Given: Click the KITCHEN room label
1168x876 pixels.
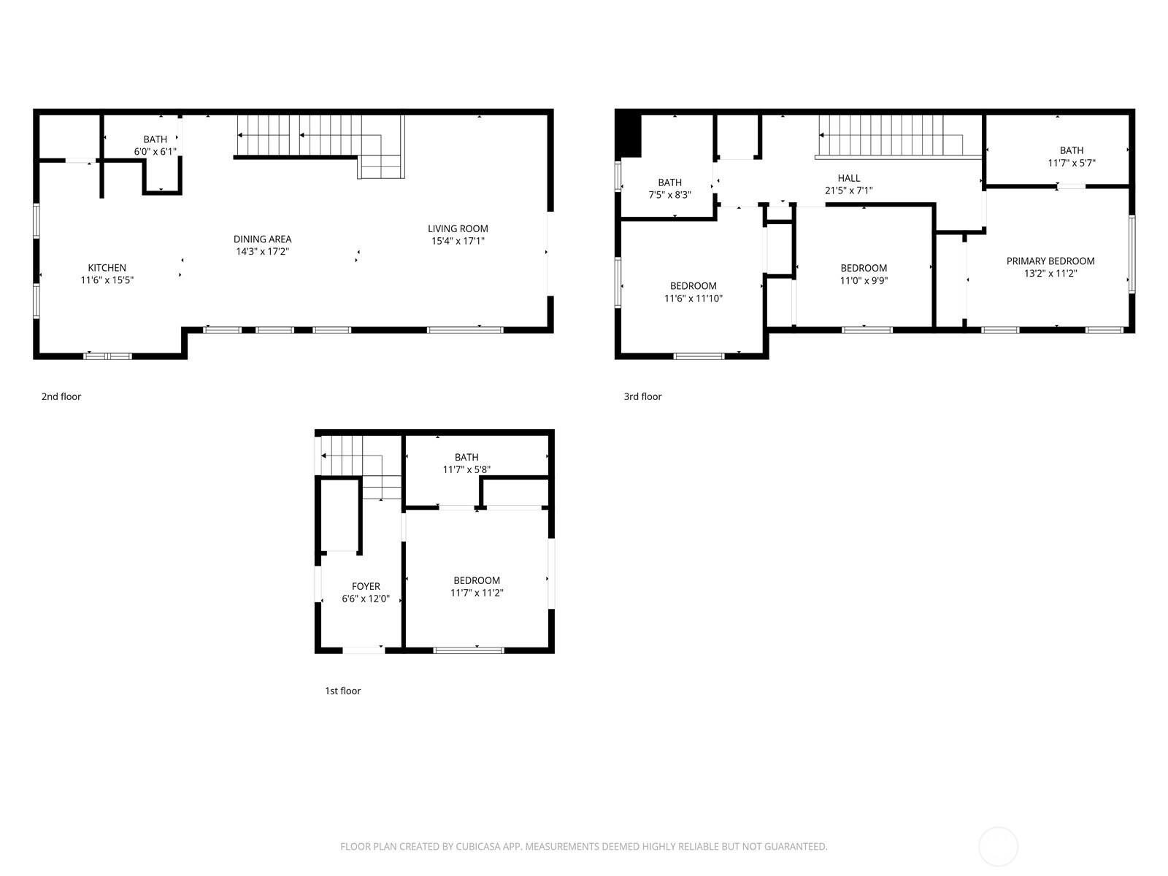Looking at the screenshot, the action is pyautogui.click(x=107, y=267).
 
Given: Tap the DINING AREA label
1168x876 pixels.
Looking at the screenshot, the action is pyautogui.click(x=262, y=239).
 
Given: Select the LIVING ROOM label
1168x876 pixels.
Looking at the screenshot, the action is pyautogui.click(x=458, y=228).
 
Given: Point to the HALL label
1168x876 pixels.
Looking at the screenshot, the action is pyautogui.click(x=849, y=177).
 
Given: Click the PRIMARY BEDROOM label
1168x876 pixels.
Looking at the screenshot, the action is pyautogui.click(x=1050, y=261).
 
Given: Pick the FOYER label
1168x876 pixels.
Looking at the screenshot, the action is pyautogui.click(x=366, y=586).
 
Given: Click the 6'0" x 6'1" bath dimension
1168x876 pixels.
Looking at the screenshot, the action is pyautogui.click(x=155, y=152).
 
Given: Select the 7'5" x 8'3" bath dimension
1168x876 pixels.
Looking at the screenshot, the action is pyautogui.click(x=669, y=195).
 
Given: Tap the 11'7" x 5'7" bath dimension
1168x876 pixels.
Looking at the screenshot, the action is pyautogui.click(x=1071, y=163).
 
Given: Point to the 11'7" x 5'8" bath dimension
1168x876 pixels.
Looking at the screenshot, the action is pyautogui.click(x=466, y=469).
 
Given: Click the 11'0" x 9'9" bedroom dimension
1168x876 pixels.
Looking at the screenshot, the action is pyautogui.click(x=864, y=280).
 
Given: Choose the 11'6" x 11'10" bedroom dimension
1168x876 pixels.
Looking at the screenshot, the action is pyautogui.click(x=693, y=299).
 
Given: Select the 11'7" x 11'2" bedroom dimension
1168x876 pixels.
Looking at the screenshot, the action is pyautogui.click(x=476, y=593).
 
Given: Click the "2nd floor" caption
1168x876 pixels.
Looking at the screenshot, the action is pyautogui.click(x=61, y=396).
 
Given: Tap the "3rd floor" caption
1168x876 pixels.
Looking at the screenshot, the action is pyautogui.click(x=642, y=396).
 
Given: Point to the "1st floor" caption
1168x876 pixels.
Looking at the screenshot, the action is pyautogui.click(x=342, y=691).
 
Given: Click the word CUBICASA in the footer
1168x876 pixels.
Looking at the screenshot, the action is pyautogui.click(x=477, y=845).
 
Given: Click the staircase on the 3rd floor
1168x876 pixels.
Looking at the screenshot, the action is pyautogui.click(x=898, y=137).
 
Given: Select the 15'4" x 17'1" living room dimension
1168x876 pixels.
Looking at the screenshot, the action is pyautogui.click(x=458, y=241).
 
